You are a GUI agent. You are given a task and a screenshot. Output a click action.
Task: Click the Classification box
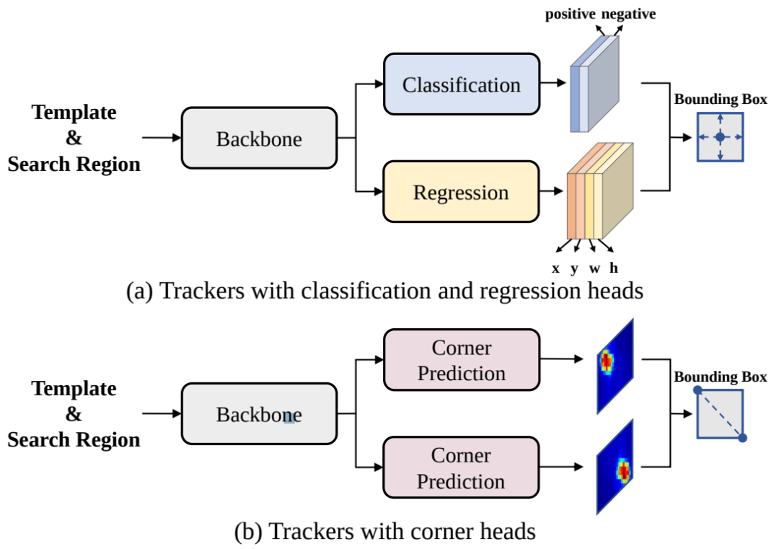click(x=461, y=84)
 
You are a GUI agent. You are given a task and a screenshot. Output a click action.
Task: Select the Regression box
click(x=461, y=192)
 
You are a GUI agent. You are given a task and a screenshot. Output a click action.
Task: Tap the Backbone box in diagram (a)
click(x=259, y=139)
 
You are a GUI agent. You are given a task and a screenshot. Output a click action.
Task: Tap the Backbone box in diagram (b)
click(x=259, y=414)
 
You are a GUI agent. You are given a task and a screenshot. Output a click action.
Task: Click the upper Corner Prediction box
click(x=461, y=360)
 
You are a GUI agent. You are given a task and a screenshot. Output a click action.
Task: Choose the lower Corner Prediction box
click(x=461, y=467)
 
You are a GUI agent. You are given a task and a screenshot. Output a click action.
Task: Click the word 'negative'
click(x=629, y=14)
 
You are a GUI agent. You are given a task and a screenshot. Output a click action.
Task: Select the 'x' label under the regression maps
click(x=555, y=268)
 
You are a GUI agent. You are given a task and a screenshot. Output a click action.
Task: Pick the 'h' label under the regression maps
click(x=614, y=268)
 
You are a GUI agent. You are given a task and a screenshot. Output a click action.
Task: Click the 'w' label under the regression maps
click(x=594, y=268)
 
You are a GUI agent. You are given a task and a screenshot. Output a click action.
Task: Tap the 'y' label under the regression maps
click(x=575, y=269)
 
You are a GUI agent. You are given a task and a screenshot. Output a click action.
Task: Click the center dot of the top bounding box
click(x=720, y=137)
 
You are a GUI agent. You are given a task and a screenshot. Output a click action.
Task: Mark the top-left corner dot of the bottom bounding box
click(x=697, y=390)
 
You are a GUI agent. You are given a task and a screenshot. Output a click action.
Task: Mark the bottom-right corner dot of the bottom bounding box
click(x=743, y=437)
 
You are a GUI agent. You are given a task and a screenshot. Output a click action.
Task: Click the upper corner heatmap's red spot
click(x=607, y=360)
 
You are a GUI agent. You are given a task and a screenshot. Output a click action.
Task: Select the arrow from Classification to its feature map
click(x=553, y=83)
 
